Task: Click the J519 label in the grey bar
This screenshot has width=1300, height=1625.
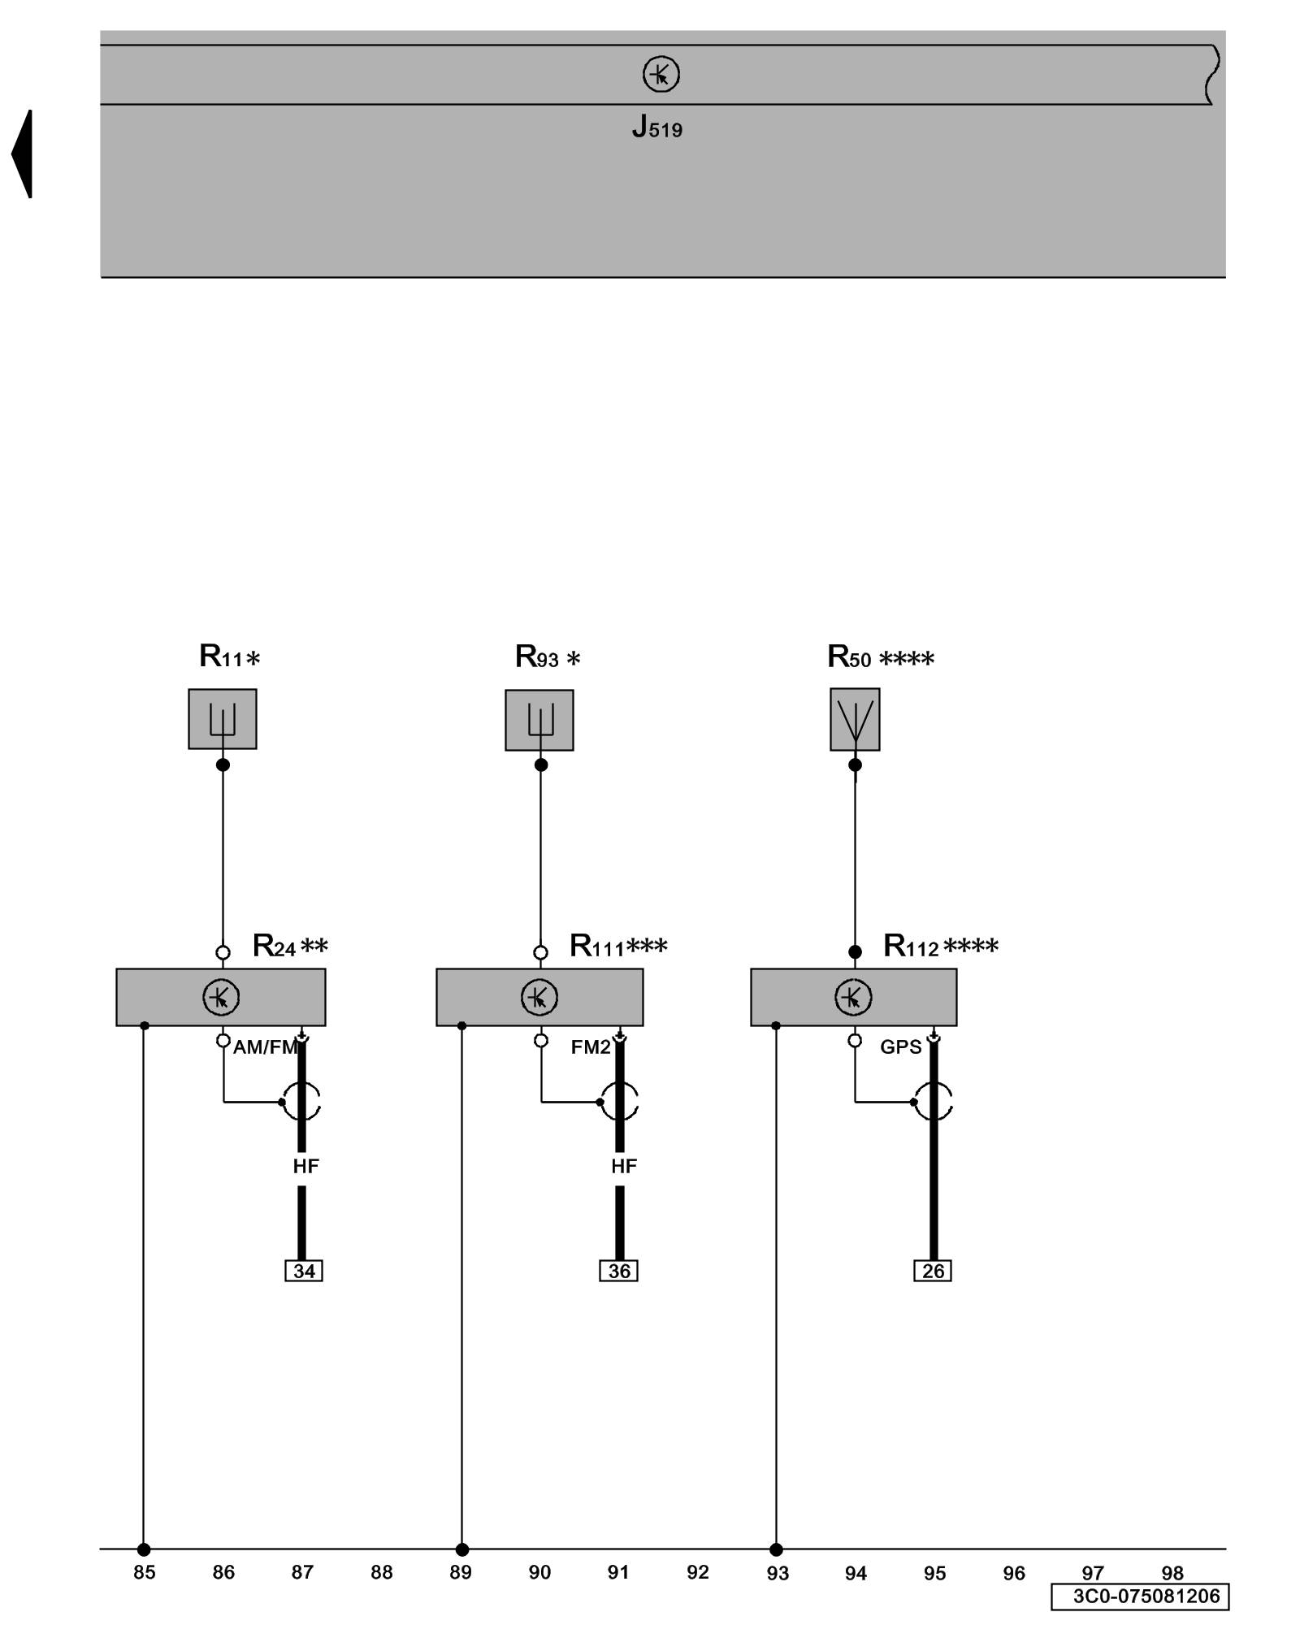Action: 656,128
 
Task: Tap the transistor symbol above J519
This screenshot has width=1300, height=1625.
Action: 661,75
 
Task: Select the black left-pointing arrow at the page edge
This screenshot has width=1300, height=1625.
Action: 23,154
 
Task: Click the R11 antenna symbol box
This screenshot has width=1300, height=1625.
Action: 223,719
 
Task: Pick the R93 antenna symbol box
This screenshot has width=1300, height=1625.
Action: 539,720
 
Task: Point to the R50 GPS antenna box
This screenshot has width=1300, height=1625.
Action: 855,720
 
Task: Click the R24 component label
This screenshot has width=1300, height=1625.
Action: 290,946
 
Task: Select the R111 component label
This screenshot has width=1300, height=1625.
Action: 617,946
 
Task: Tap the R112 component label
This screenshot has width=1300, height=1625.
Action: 940,946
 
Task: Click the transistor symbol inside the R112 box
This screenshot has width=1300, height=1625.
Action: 853,997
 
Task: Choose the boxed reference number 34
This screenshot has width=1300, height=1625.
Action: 304,1271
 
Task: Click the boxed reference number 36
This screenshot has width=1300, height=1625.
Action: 619,1271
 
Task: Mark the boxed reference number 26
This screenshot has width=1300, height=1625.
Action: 933,1271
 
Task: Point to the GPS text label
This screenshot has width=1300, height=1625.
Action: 901,1047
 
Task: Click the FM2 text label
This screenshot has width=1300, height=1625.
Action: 591,1047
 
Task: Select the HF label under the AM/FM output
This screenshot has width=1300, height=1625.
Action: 305,1166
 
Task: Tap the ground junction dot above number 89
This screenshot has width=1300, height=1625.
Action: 461,1549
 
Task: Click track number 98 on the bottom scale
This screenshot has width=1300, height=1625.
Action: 1172,1573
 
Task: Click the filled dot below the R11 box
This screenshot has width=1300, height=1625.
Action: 223,765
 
